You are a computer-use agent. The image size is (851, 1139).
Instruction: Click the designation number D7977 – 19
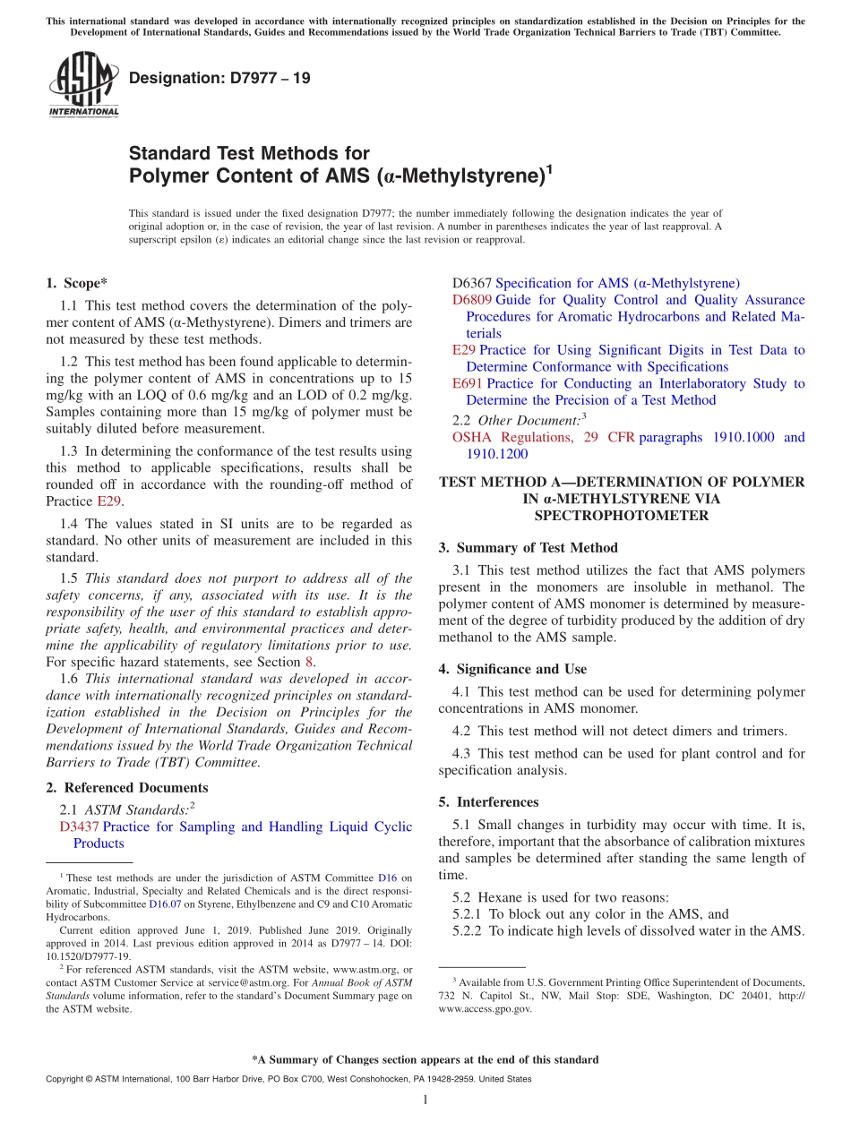click(x=220, y=79)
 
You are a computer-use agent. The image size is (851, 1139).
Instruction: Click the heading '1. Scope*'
click(x=77, y=283)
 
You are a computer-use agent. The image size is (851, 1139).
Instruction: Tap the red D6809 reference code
click(x=472, y=300)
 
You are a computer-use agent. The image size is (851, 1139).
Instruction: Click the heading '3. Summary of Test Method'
click(x=529, y=547)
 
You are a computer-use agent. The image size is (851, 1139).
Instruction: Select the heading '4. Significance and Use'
click(x=512, y=669)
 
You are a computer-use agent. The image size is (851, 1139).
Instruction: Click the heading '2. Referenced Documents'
click(x=127, y=787)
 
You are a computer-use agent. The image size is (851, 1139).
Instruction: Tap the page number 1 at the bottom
click(x=425, y=1100)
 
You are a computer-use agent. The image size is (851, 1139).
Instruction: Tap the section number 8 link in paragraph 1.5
click(x=310, y=662)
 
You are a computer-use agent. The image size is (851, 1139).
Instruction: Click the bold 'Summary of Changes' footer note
click(x=425, y=1059)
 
